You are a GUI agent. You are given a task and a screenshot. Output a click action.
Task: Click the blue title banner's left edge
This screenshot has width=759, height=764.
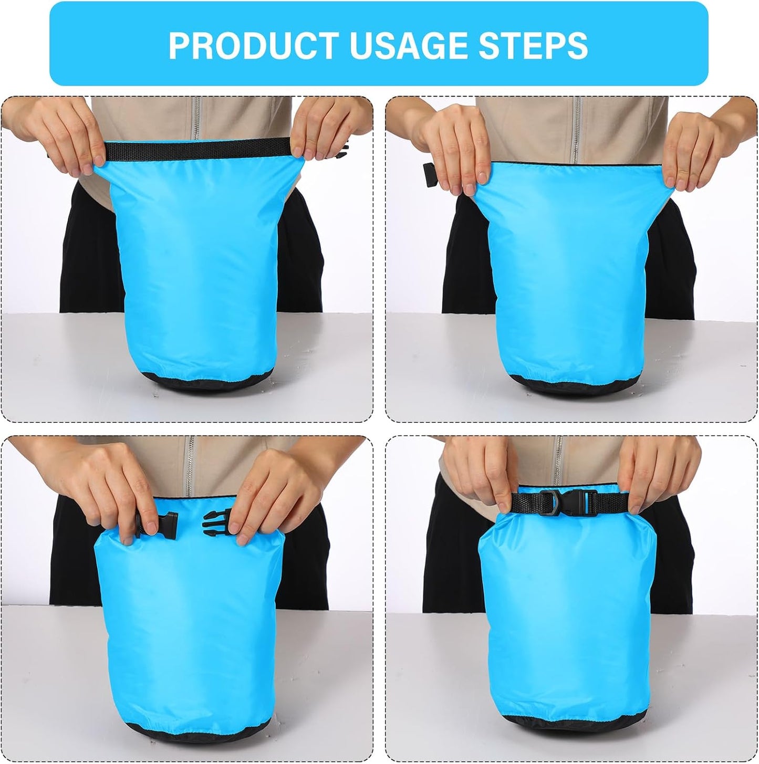(x=52, y=44)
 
